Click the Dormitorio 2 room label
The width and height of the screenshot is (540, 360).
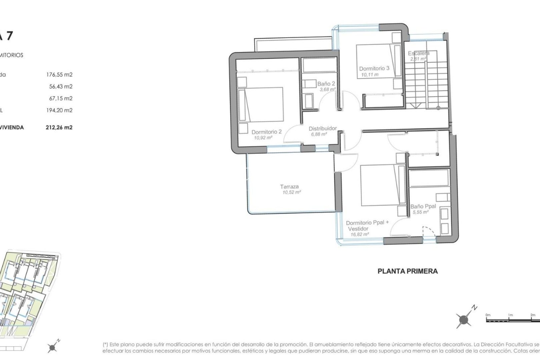[x=266, y=132]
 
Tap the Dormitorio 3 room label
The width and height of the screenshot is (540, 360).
[x=374, y=68]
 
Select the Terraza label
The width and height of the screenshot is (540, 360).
[x=289, y=187]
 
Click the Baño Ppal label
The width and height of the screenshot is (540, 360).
[x=423, y=206]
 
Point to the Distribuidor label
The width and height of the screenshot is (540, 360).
[x=322, y=128]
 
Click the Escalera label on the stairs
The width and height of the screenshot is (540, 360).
[x=418, y=53]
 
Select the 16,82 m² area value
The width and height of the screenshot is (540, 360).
[x=359, y=234]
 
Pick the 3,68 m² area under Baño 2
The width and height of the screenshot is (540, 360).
[x=327, y=89]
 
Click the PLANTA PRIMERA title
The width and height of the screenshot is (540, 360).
[x=407, y=271]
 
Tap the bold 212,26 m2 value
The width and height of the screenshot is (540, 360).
[x=59, y=127]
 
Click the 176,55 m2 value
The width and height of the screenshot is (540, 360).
[x=59, y=75]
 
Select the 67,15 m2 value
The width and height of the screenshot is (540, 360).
[x=61, y=98]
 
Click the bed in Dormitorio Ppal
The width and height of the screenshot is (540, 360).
[x=383, y=185]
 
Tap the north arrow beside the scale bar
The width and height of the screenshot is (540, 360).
[x=464, y=319]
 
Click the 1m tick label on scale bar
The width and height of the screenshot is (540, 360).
[x=510, y=315]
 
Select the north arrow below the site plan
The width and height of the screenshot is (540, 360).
[x=52, y=347]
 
